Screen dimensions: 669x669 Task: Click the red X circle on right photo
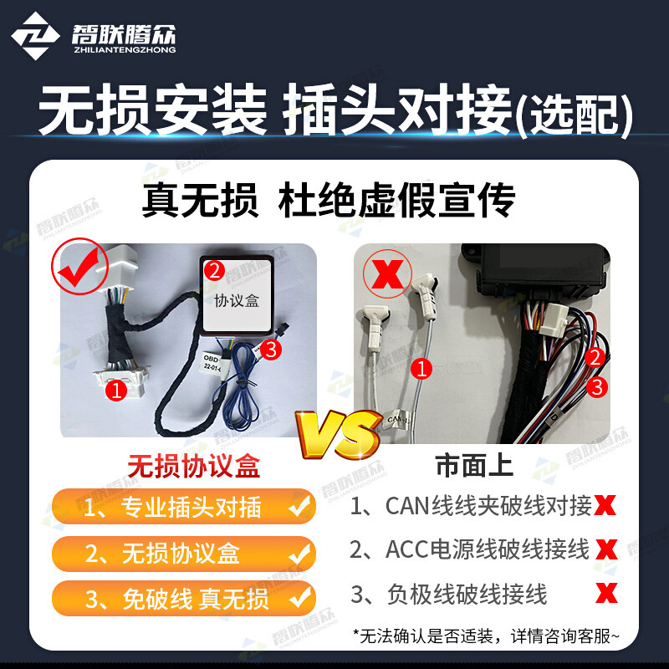click(x=387, y=273)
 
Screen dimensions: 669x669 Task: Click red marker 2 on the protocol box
click(x=215, y=270)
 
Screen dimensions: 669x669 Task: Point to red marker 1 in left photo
click(x=117, y=389)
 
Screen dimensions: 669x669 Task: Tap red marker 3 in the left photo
click(x=270, y=350)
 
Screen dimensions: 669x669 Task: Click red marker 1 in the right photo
click(x=423, y=367)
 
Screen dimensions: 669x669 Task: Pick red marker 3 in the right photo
click(x=595, y=386)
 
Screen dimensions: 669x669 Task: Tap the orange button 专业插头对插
click(x=184, y=506)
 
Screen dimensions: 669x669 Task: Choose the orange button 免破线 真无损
click(x=184, y=598)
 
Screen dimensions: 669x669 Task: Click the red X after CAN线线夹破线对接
click(x=606, y=505)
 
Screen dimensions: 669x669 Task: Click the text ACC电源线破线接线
click(x=470, y=549)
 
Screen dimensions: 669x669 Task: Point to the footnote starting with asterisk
click(x=488, y=636)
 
